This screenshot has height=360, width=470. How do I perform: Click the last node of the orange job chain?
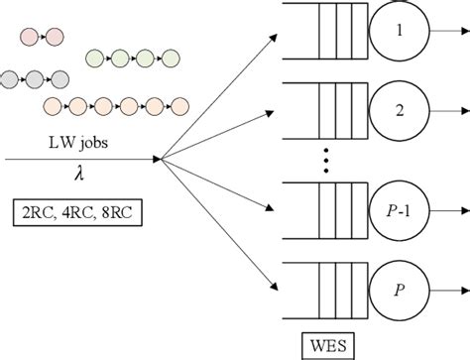coord(180,104)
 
